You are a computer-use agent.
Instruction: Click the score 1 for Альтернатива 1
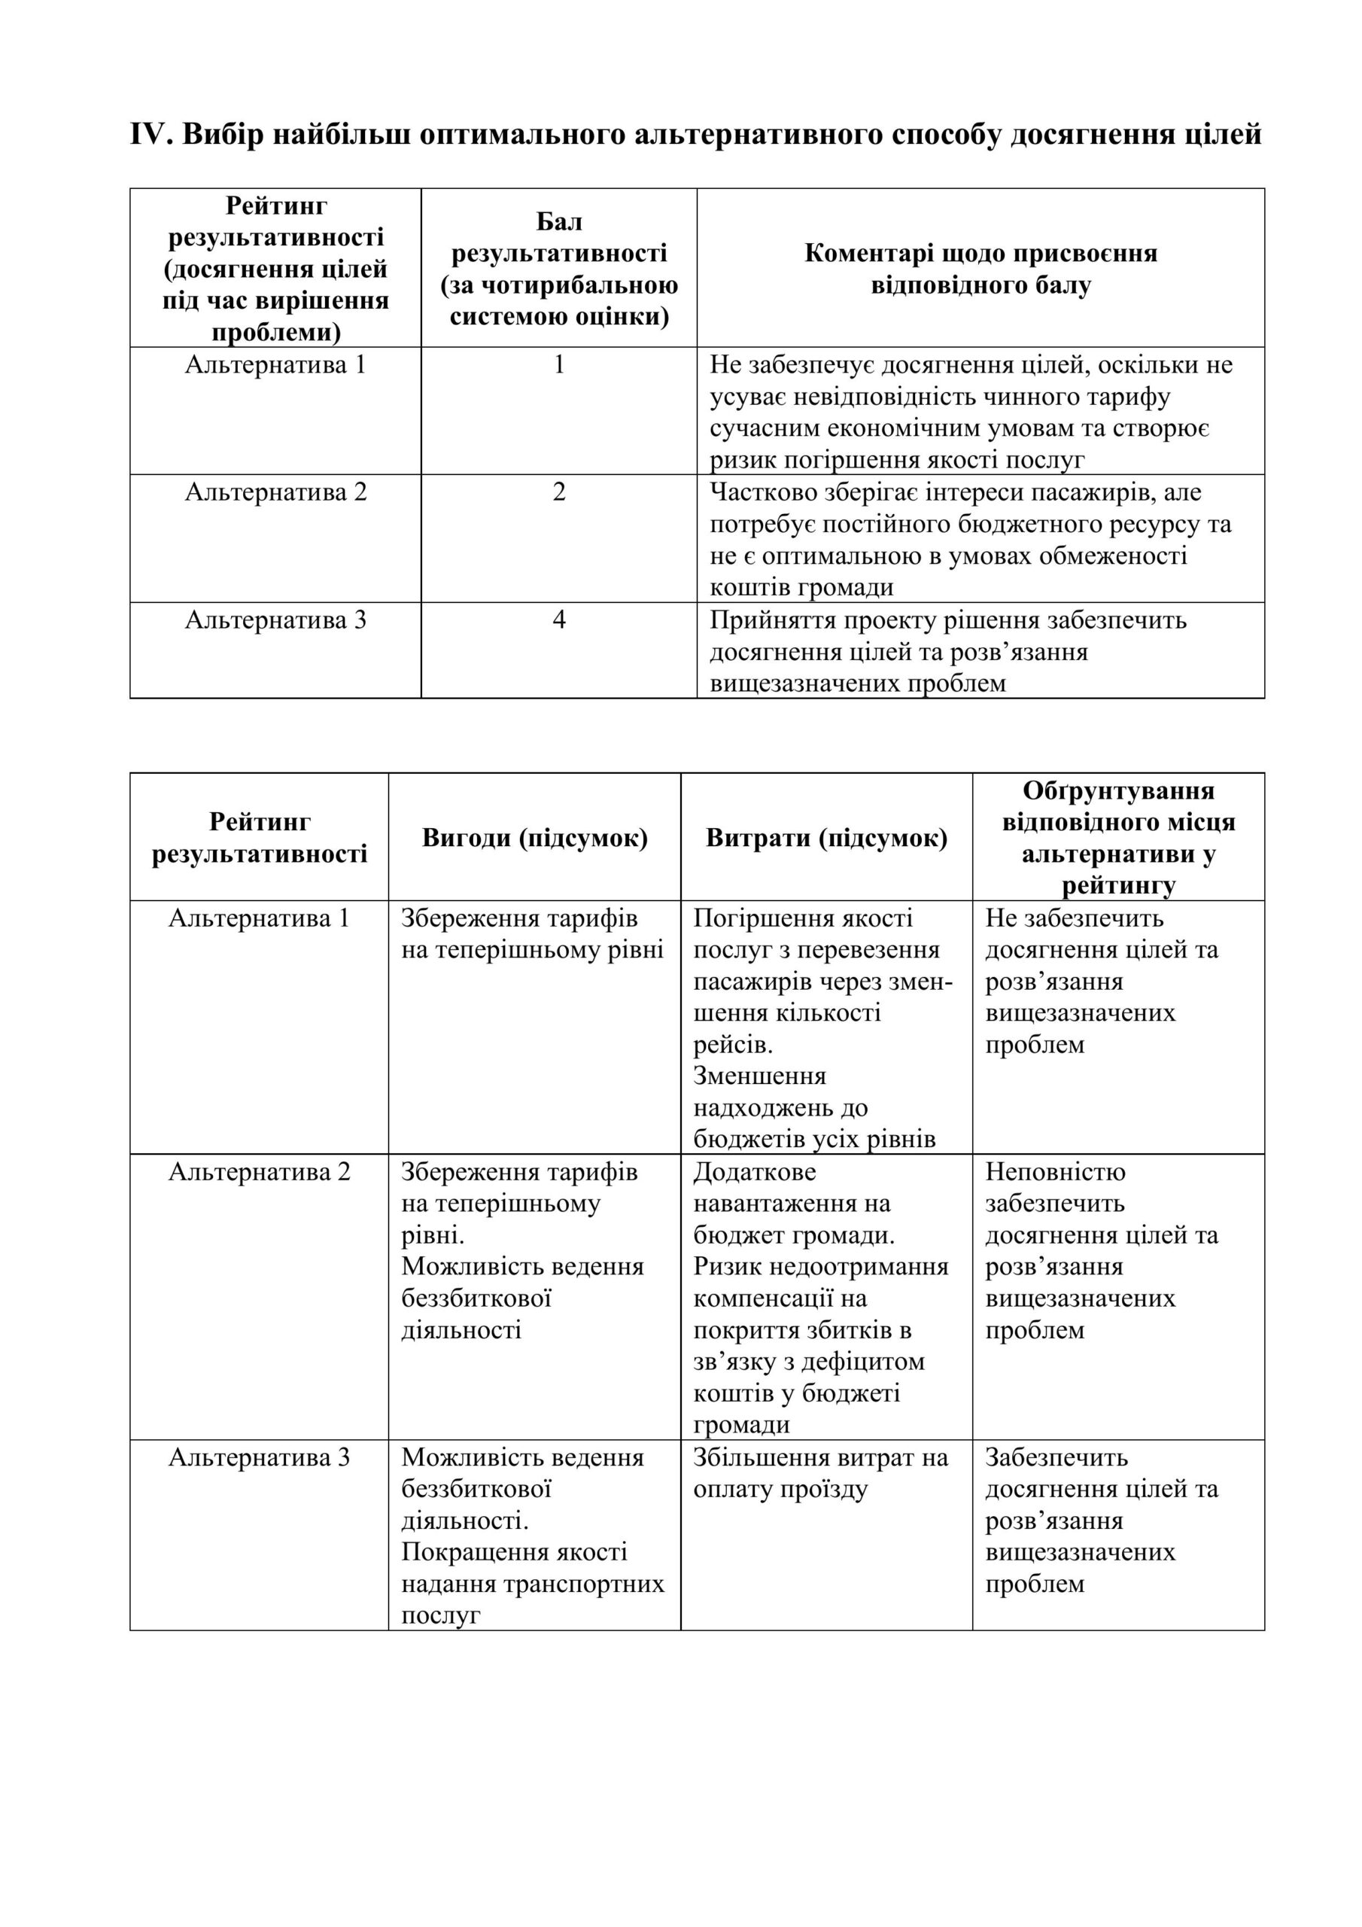click(559, 365)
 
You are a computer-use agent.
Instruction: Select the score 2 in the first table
click(559, 492)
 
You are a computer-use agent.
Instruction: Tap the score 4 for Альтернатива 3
click(559, 620)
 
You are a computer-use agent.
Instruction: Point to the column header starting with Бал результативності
click(559, 269)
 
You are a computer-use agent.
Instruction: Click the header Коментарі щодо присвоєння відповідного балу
click(980, 269)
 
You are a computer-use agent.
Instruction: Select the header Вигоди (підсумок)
click(534, 838)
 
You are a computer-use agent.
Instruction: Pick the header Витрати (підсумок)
click(826, 838)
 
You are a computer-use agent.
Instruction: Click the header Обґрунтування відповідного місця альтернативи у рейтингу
click(1119, 838)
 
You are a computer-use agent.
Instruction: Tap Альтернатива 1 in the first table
click(275, 365)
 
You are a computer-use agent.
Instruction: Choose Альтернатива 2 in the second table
click(260, 1172)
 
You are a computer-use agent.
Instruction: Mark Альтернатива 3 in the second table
click(260, 1458)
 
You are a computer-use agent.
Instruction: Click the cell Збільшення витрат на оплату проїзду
click(820, 1474)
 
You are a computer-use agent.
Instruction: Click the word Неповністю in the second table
click(1055, 1172)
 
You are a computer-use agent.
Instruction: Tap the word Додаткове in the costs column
click(755, 1172)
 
